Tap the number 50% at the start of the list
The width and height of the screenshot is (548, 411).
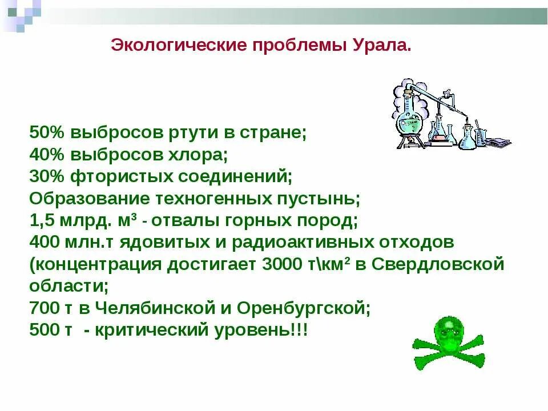click(x=47, y=132)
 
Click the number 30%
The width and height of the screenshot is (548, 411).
click(x=47, y=176)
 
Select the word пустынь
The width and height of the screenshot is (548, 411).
click(x=320, y=198)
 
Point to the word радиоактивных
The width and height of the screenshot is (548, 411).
click(x=296, y=242)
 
